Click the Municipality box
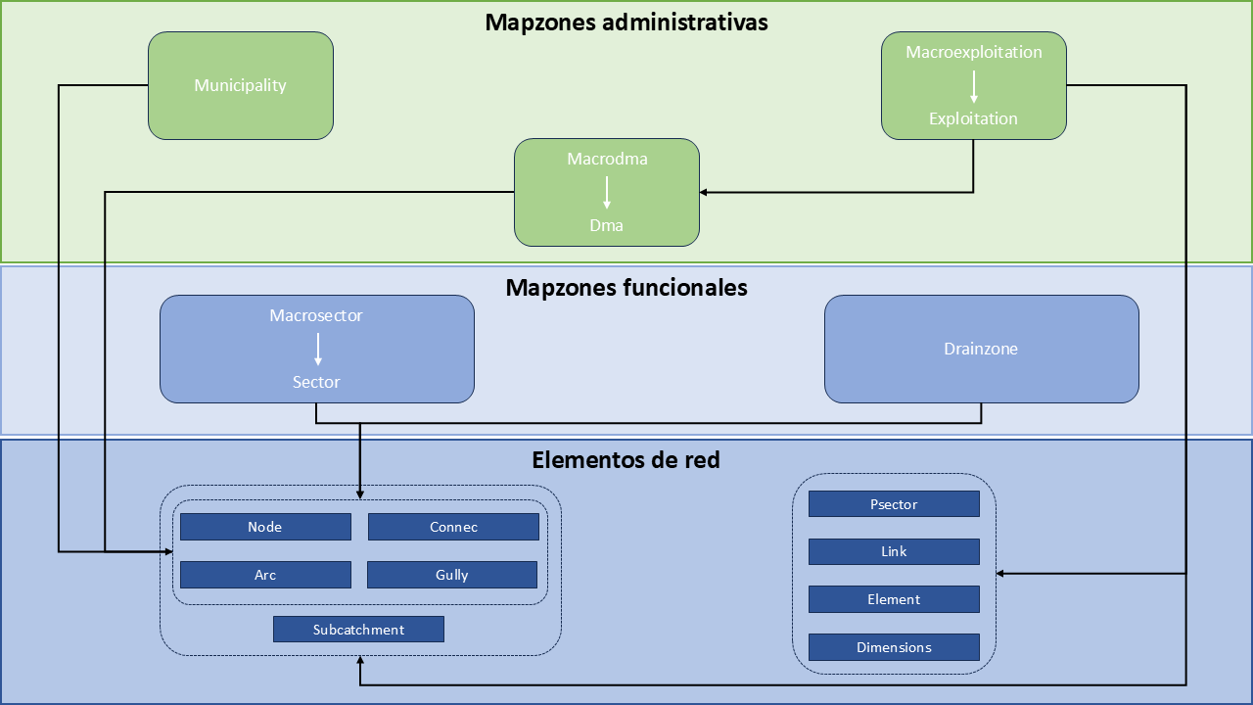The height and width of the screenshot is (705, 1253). tap(240, 85)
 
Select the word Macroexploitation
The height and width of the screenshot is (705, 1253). tap(973, 52)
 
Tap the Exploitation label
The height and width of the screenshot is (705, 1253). tap(973, 118)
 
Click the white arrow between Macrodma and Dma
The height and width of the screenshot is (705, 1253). tap(607, 191)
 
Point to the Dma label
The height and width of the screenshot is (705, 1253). tap(606, 225)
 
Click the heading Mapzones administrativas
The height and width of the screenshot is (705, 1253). tap(626, 23)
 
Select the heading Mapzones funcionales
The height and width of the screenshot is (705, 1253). tap(626, 288)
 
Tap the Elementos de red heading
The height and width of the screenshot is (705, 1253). tap(626, 459)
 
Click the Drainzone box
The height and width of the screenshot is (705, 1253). tap(981, 349)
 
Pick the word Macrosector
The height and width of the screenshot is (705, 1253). tap(316, 315)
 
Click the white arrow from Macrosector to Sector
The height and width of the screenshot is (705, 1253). tap(317, 349)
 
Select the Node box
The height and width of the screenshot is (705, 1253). tap(265, 527)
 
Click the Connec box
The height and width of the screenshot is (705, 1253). tap(453, 527)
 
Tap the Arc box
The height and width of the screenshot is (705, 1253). tap(265, 575)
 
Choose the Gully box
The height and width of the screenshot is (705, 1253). tap(452, 575)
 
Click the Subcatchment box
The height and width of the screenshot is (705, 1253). tap(358, 630)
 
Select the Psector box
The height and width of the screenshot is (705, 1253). tap(894, 504)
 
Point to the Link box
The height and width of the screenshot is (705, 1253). tap(894, 551)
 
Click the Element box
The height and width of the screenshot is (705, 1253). tap(894, 599)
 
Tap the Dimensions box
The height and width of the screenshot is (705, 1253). tap(894, 647)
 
